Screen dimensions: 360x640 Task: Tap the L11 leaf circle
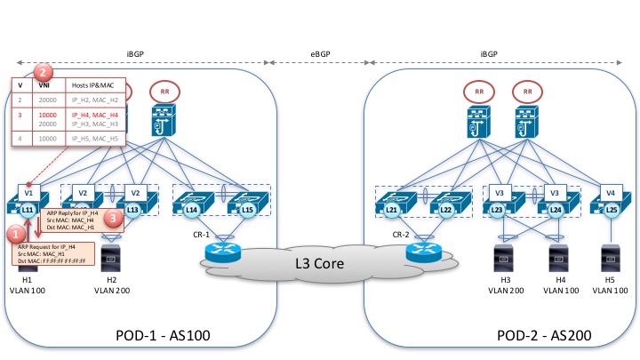28,209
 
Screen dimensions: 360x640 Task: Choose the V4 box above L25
609,191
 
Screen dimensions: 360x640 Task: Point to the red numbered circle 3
113,216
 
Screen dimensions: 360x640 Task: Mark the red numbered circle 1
15,233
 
